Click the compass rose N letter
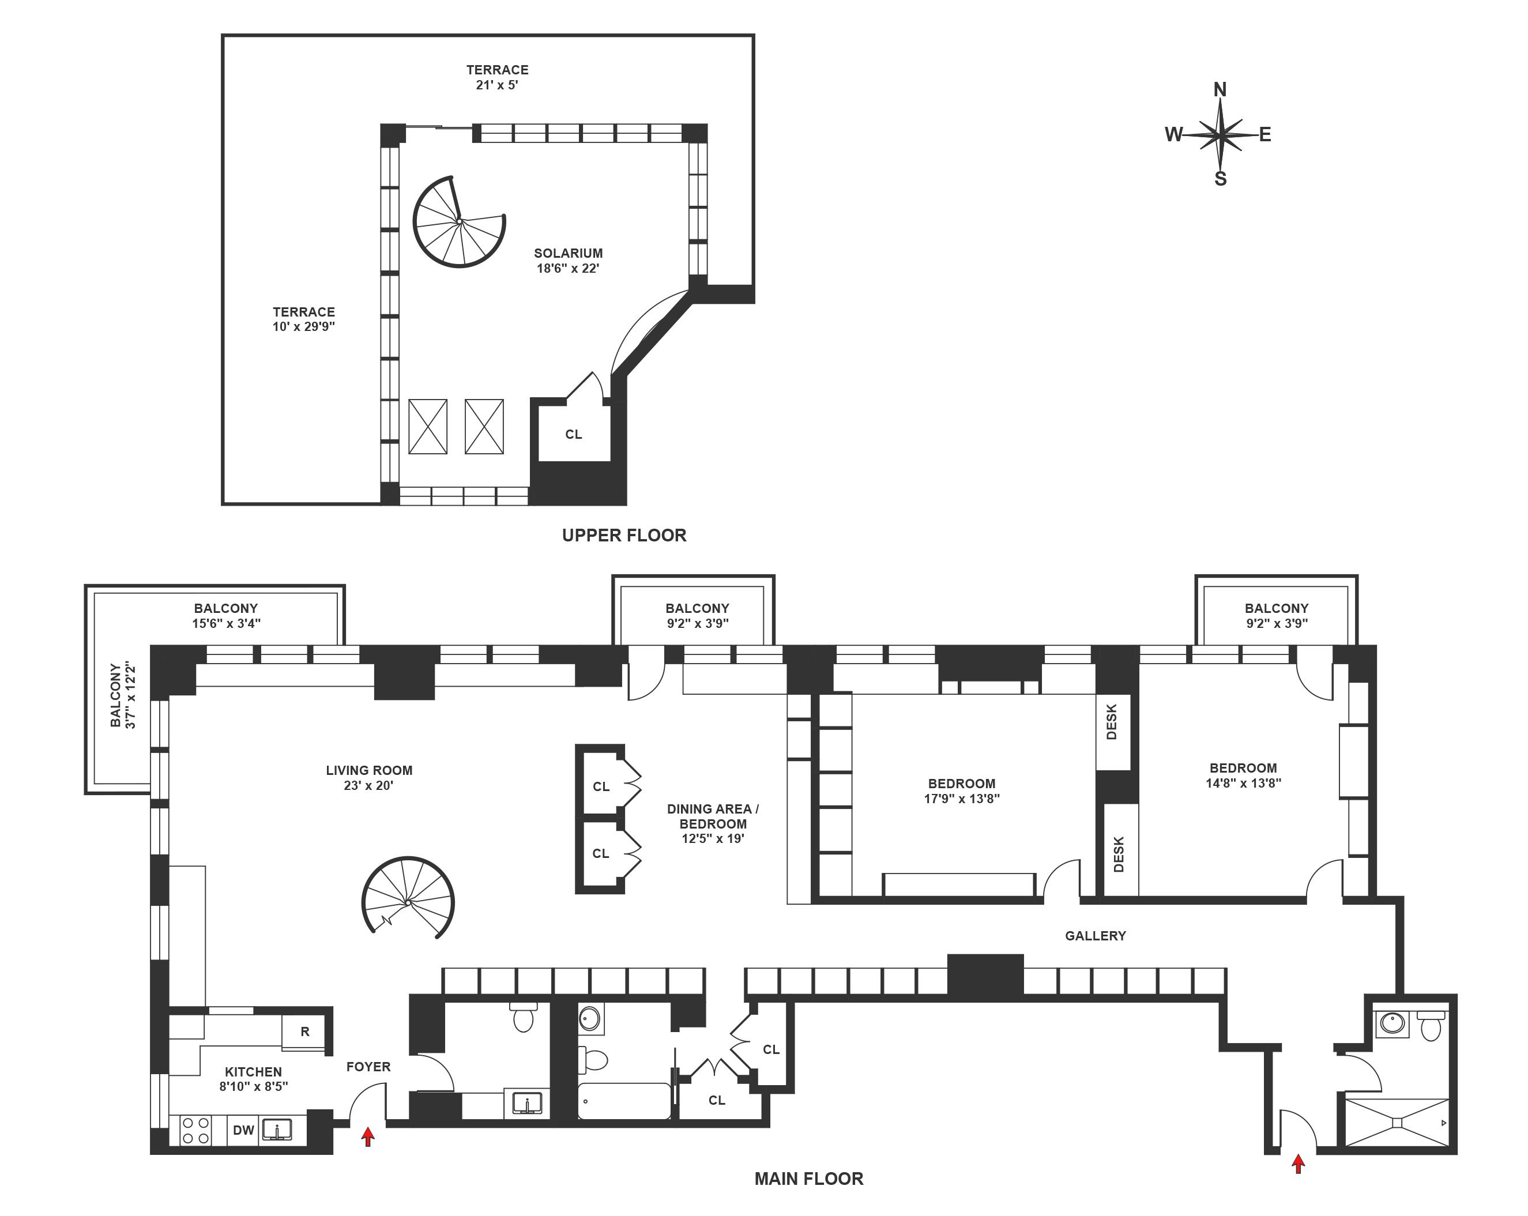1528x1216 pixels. [x=1220, y=89]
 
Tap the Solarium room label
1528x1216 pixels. [x=569, y=253]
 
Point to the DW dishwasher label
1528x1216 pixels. [x=243, y=1130]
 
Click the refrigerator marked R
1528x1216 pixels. [x=305, y=1031]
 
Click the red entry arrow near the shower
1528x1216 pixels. [x=1298, y=1164]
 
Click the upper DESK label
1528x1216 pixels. [x=1111, y=721]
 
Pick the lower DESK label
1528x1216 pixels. [x=1119, y=854]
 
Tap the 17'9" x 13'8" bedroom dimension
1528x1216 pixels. [x=962, y=799]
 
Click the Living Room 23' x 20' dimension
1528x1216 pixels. [x=368, y=785]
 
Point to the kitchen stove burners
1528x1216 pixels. [x=195, y=1130]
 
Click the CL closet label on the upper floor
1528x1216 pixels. [x=573, y=434]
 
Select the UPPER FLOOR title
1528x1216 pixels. [x=624, y=535]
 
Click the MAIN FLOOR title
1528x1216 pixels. [x=808, y=1179]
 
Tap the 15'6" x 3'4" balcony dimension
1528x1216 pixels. [x=226, y=624]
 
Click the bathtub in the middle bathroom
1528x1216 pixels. [x=624, y=1101]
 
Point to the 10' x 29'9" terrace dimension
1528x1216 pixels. [x=303, y=327]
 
